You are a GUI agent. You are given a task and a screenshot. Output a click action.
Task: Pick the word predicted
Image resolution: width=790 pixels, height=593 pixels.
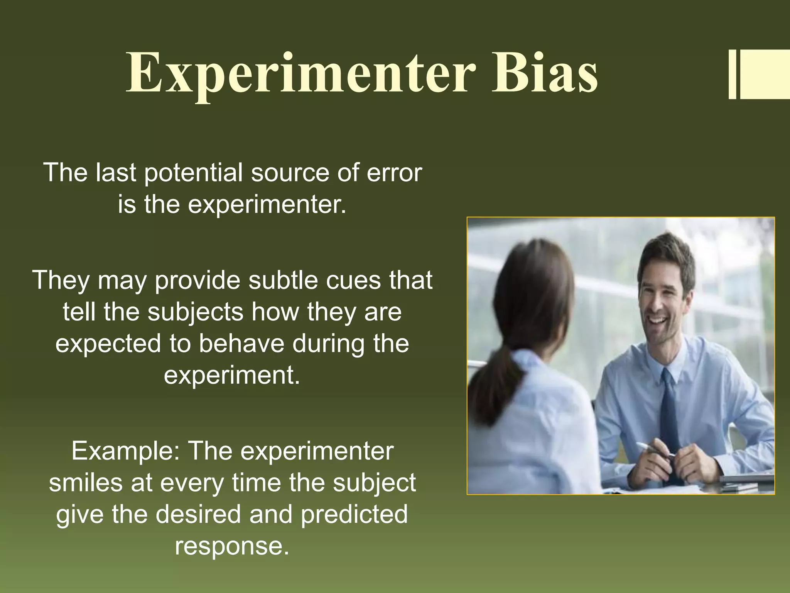coord(354,514)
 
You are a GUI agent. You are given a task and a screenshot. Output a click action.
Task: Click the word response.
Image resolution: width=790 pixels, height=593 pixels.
coord(231,546)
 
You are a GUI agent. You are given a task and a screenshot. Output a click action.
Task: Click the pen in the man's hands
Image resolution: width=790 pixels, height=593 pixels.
coord(652,450)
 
